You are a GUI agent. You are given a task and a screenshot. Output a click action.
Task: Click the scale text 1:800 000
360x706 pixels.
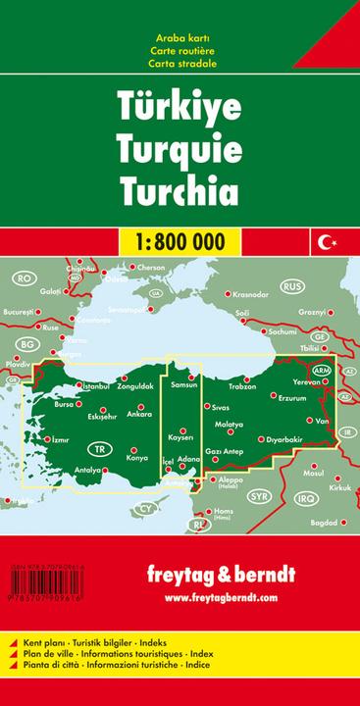coord(180,239)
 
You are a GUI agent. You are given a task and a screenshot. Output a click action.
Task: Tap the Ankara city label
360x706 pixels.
coord(139,415)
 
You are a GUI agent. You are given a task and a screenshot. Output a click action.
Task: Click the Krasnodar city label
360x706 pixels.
coord(250,293)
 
